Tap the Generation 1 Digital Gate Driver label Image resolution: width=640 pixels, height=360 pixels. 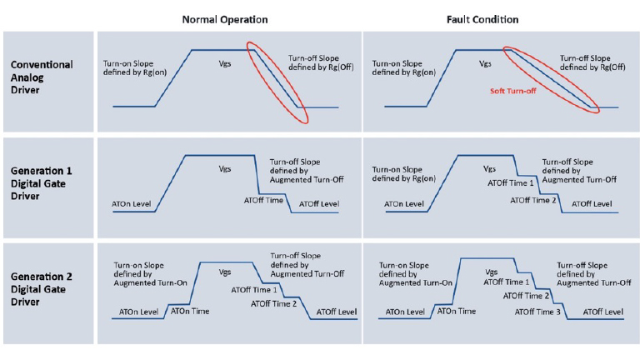click(42, 185)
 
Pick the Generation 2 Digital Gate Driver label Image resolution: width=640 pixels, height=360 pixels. click(42, 290)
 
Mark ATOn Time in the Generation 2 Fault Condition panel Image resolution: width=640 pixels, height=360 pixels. click(456, 311)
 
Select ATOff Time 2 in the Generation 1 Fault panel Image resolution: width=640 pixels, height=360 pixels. click(534, 200)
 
